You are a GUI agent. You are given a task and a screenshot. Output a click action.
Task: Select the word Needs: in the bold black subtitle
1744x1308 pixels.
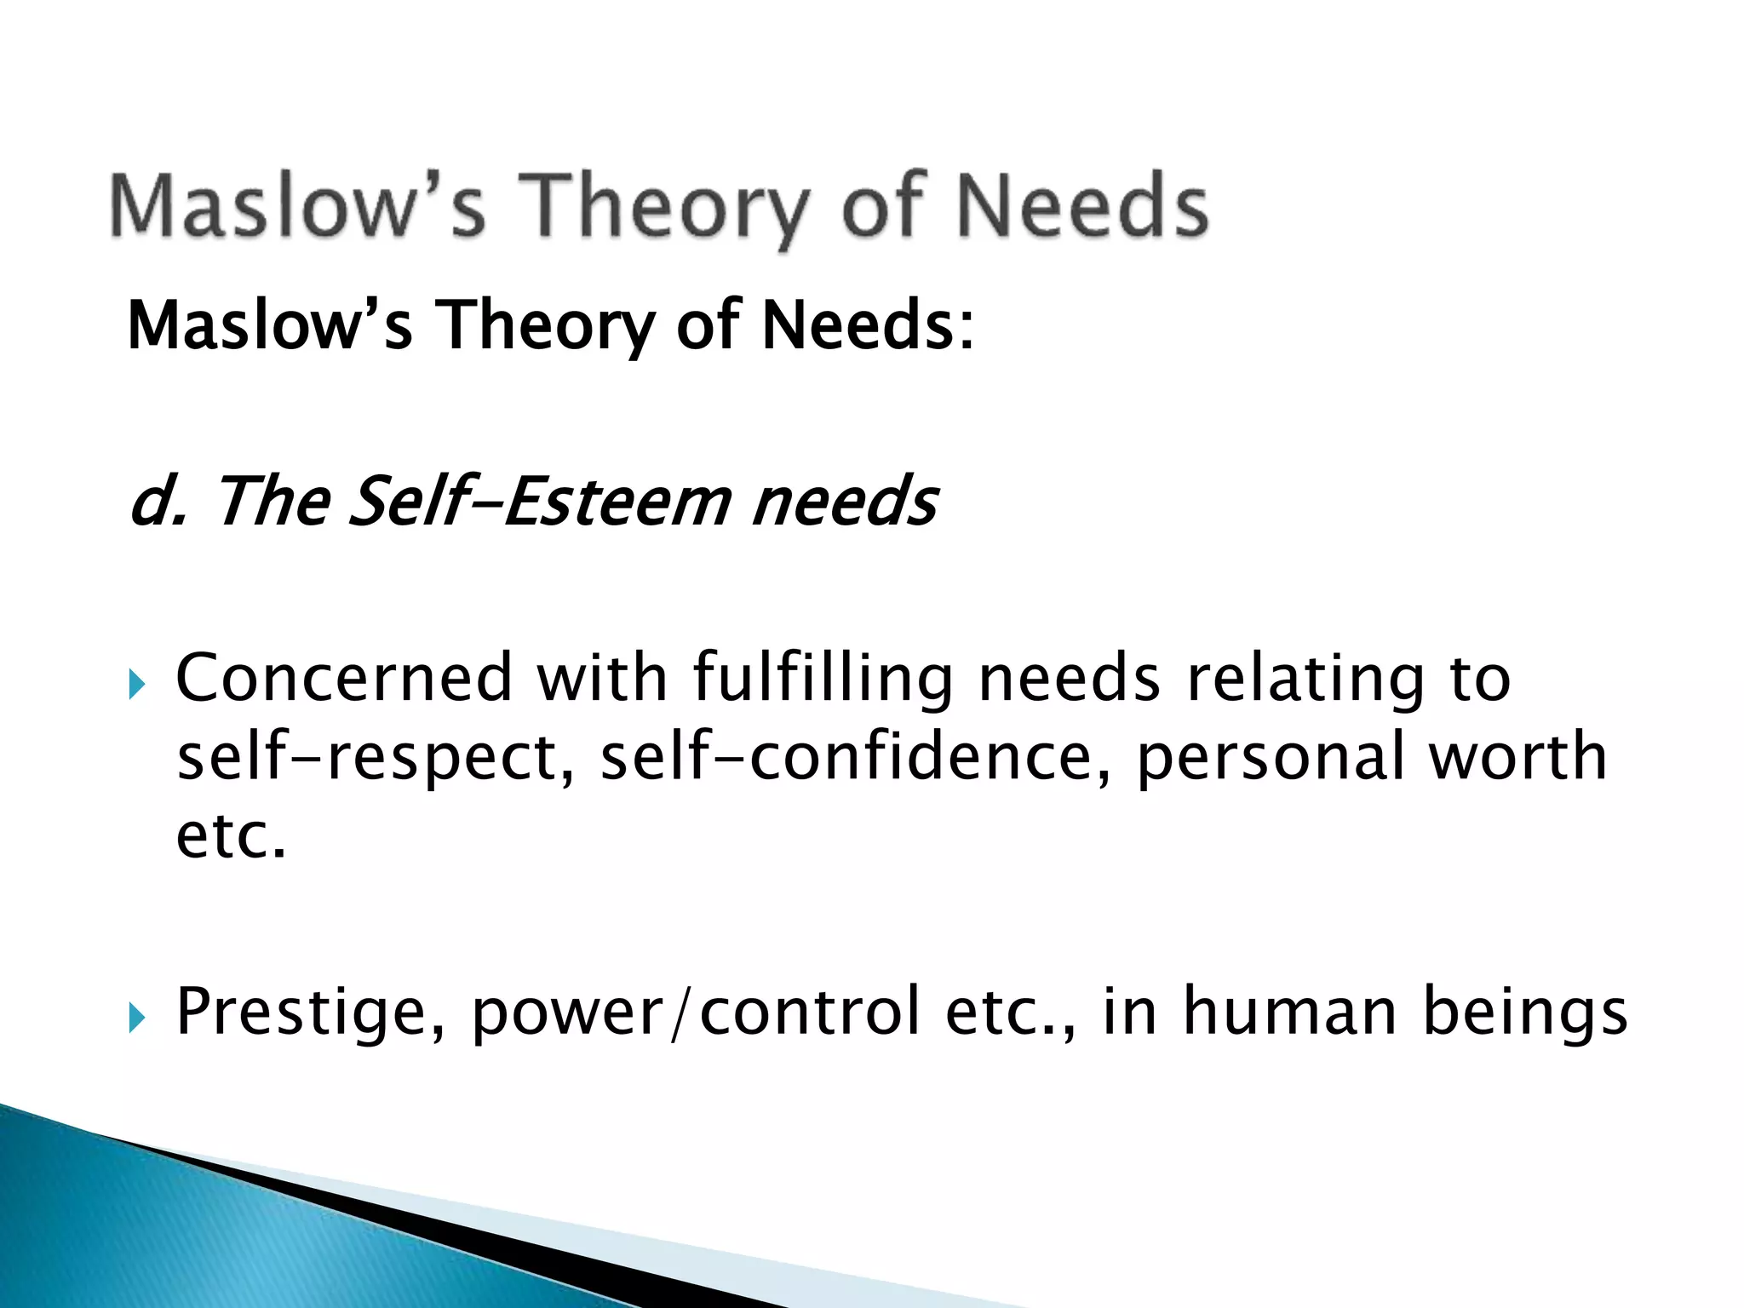pyautogui.click(x=868, y=325)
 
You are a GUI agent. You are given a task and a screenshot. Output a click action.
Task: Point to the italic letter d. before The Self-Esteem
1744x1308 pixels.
pyautogui.click(x=158, y=501)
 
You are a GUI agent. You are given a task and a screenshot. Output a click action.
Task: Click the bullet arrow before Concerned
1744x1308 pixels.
pyautogui.click(x=137, y=682)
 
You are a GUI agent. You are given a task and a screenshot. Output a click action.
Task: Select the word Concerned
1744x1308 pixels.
pyautogui.click(x=344, y=679)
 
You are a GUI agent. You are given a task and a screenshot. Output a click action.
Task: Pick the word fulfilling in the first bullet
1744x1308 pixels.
pyautogui.click(x=823, y=679)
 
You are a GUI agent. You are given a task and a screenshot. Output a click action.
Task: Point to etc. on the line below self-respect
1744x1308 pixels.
pyautogui.click(x=231, y=836)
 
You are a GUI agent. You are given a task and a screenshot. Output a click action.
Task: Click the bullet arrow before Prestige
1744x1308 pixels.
pyautogui.click(x=137, y=1016)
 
